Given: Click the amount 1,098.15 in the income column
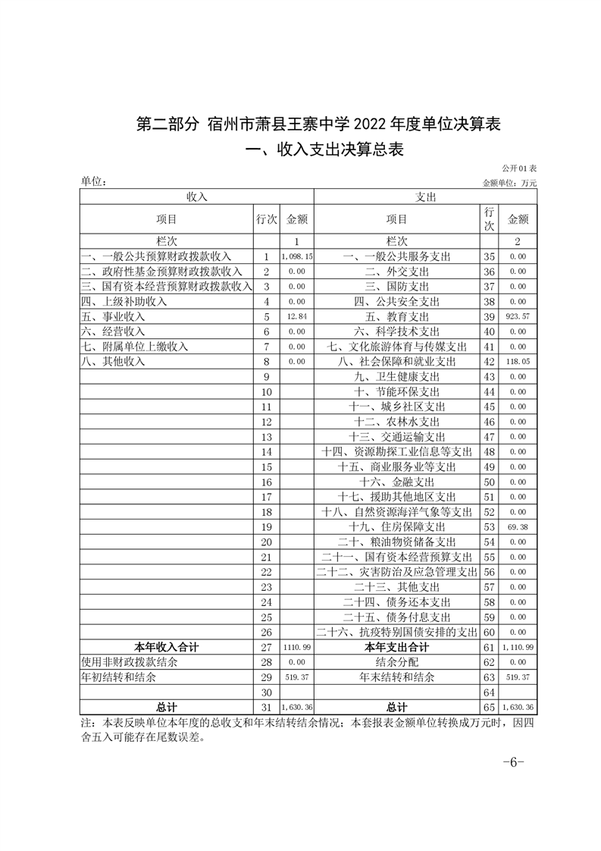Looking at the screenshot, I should (x=296, y=257).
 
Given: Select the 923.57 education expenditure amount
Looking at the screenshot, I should (x=518, y=316).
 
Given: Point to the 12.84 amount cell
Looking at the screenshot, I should (x=296, y=316).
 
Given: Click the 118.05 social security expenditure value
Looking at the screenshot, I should (x=518, y=361).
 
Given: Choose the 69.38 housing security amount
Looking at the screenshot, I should (x=518, y=526).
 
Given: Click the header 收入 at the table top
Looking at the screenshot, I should (x=196, y=196).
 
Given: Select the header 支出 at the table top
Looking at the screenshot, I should (x=425, y=196).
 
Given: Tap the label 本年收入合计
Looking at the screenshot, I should (x=167, y=647).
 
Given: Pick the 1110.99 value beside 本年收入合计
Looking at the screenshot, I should (x=296, y=647).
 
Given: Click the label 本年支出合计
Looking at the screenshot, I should (x=396, y=647).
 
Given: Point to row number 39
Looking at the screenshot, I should (x=489, y=316).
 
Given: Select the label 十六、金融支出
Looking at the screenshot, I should (x=396, y=482).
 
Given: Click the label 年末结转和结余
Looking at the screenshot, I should (x=396, y=677).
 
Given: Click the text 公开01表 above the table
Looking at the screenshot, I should (x=518, y=167).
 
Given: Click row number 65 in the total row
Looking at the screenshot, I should (x=489, y=707).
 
